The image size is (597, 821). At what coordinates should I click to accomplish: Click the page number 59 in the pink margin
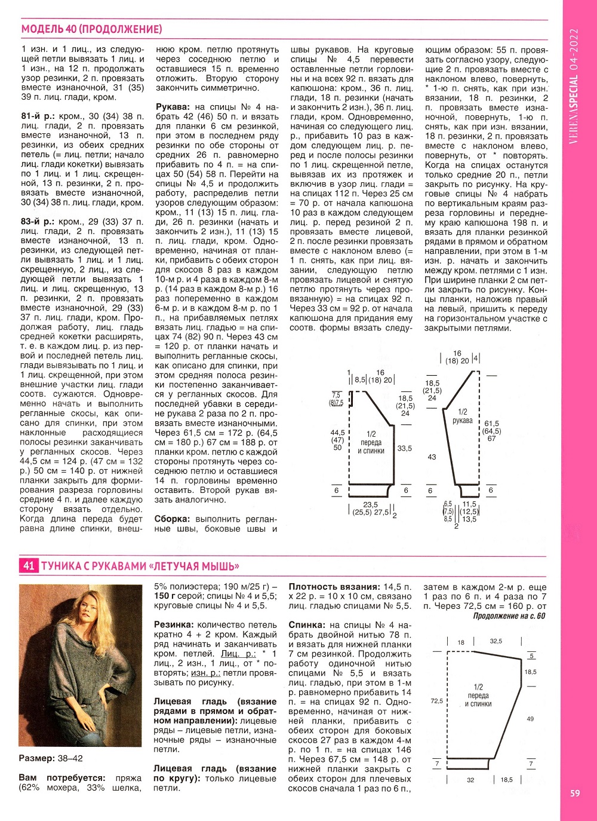tap(575, 793)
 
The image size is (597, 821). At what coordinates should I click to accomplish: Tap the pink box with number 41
tap(29, 565)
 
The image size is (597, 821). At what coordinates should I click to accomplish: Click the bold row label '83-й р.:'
tap(37, 222)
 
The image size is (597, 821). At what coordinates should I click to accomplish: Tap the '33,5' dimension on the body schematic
tap(404, 448)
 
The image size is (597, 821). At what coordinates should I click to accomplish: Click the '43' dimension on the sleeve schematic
tap(432, 457)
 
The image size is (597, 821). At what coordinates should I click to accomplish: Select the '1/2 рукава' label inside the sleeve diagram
tap(463, 416)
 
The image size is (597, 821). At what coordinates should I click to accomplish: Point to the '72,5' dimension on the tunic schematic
tap(437, 701)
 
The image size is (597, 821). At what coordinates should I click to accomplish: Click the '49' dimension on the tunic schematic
tap(530, 719)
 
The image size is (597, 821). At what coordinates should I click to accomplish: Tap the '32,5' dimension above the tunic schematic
tap(496, 641)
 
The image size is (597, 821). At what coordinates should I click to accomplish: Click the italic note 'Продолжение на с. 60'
tap(509, 616)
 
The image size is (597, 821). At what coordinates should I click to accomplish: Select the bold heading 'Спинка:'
tap(308, 625)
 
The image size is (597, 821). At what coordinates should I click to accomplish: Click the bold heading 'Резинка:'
tap(174, 625)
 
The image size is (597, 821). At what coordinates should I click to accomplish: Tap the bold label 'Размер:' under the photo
tap(37, 758)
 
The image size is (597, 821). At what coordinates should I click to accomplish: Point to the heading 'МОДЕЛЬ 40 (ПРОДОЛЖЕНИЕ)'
tap(91, 29)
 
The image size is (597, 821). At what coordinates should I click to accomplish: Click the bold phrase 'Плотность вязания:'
tap(334, 587)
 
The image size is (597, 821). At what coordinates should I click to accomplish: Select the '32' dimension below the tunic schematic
tap(470, 780)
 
